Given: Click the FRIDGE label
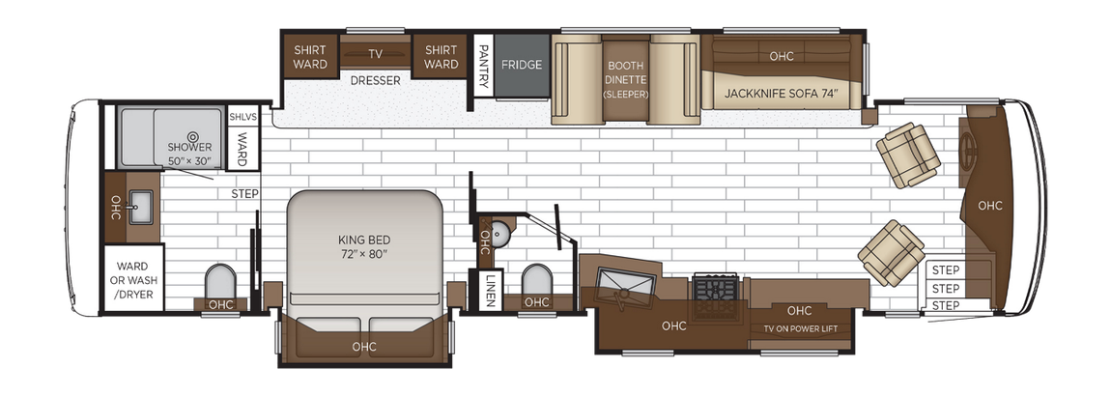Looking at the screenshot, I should coord(521,65).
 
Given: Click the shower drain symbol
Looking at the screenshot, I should coord(191,137).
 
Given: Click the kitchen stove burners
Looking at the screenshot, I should coord(716,288).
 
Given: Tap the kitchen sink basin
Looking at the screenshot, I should coord(626,282).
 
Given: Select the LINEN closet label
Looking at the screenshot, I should coord(491,289).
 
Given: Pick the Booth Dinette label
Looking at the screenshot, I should coord(625,80).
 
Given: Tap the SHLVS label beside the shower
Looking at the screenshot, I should coord(242,117).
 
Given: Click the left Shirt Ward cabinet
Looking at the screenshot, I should coord(310,58).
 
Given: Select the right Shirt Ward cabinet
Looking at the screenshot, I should coord(441,58).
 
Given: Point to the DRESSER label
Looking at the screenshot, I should coord(375,80).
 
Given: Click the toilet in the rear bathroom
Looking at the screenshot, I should coord(221,284).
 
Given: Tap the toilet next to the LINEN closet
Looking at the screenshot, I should coord(536,280).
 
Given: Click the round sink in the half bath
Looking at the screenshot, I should coord(501,232).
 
